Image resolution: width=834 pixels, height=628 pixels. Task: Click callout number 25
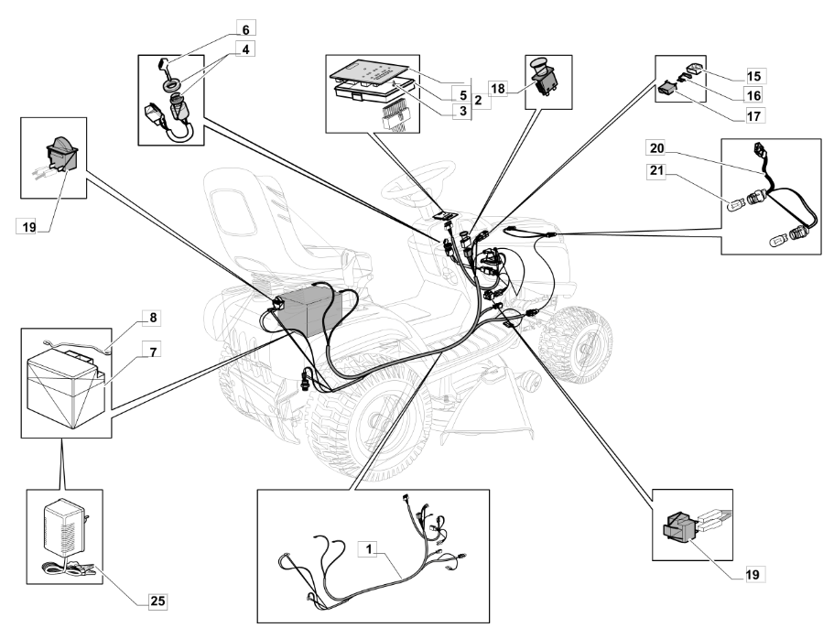(157, 601)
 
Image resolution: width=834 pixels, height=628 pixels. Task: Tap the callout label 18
(498, 88)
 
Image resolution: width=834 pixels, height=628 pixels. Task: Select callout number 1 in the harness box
(369, 548)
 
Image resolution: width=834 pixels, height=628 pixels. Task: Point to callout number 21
(656, 171)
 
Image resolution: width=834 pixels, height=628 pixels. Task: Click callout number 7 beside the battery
(153, 352)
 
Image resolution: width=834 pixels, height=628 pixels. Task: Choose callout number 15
(753, 76)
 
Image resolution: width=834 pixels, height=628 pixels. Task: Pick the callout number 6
(245, 28)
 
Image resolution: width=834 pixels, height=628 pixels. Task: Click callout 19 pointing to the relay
(753, 575)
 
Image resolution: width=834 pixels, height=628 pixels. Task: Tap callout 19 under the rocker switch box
(28, 227)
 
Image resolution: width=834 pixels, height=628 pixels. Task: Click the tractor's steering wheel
(421, 181)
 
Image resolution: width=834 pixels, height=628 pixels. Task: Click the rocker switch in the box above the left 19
(61, 152)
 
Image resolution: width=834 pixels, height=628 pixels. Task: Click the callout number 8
(153, 318)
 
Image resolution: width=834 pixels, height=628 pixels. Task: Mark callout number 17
(753, 116)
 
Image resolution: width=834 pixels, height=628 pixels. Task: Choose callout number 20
(656, 147)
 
